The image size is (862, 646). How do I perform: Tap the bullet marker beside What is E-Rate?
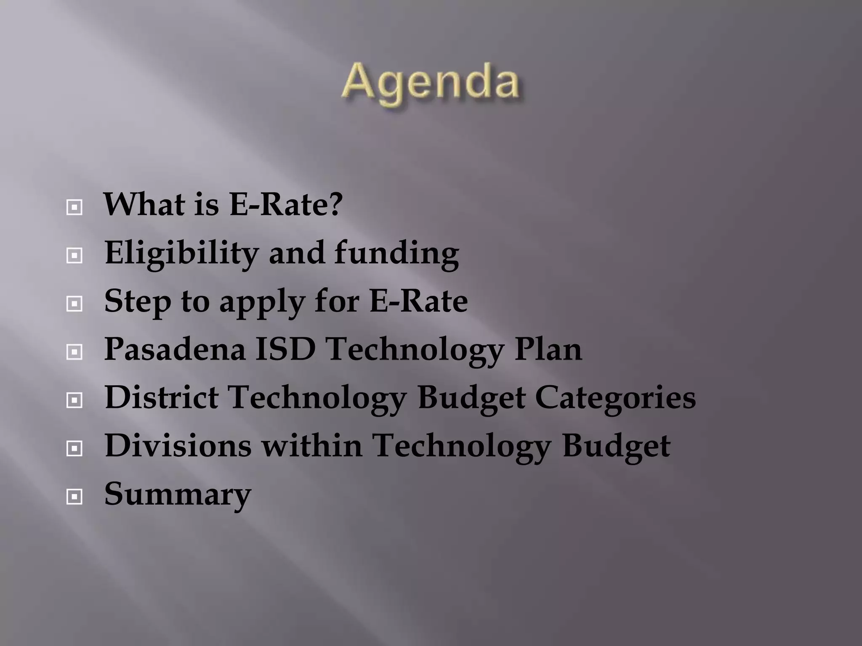coord(74,207)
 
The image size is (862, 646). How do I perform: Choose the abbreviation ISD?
coord(286,349)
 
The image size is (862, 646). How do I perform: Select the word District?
coord(162,397)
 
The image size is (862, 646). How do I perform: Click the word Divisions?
coord(178,445)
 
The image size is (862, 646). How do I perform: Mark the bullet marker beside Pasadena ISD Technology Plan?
coord(74,352)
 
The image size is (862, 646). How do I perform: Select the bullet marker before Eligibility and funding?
coord(74,255)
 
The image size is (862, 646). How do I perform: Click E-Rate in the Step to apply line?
coord(418,301)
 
